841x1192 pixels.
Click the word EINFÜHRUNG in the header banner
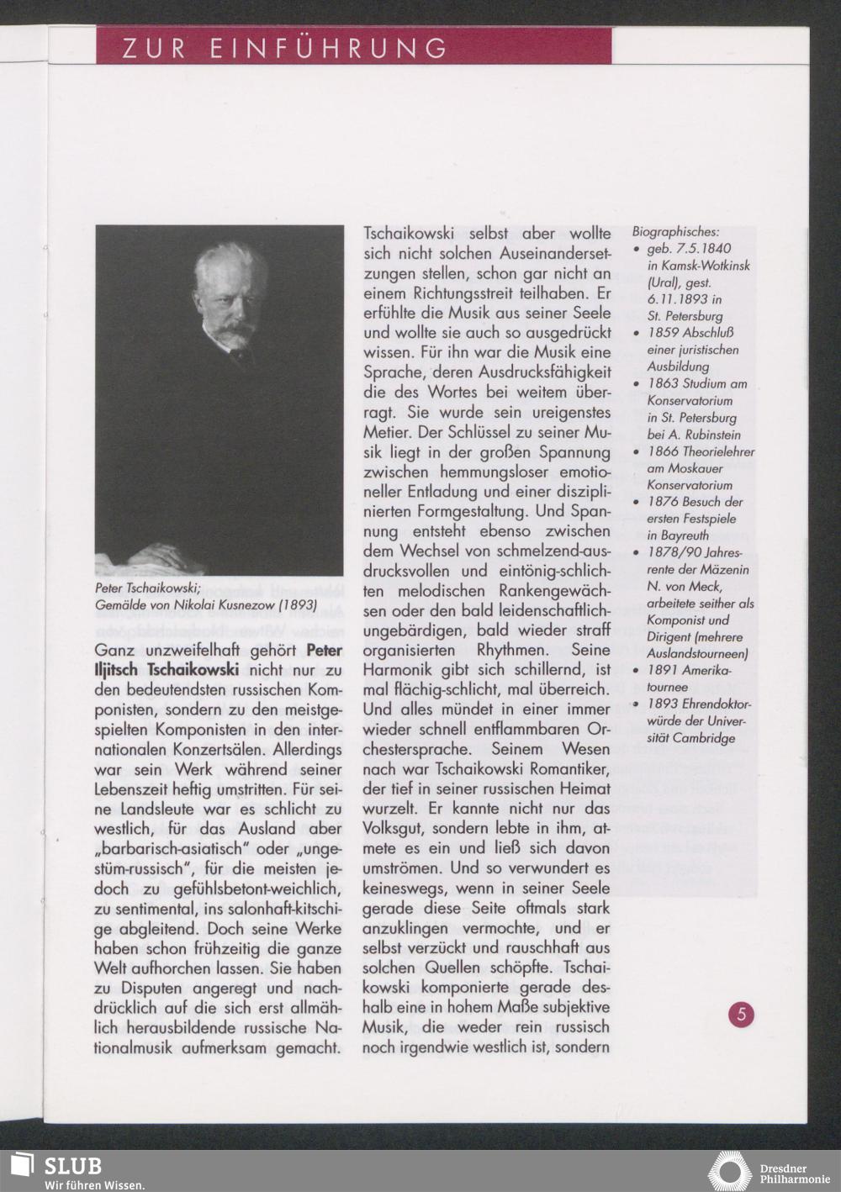pyautogui.click(x=328, y=48)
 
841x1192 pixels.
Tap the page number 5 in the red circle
pyautogui.click(x=741, y=1014)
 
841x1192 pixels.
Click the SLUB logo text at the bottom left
pyautogui.click(x=72, y=1166)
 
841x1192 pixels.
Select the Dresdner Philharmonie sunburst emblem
pyautogui.click(x=729, y=1171)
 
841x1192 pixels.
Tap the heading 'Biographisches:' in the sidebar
pyautogui.click(x=676, y=231)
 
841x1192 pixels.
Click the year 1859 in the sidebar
pyautogui.click(x=663, y=333)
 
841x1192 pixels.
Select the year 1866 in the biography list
pyautogui.click(x=663, y=451)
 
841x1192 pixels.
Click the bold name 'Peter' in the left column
pyautogui.click(x=324, y=650)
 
